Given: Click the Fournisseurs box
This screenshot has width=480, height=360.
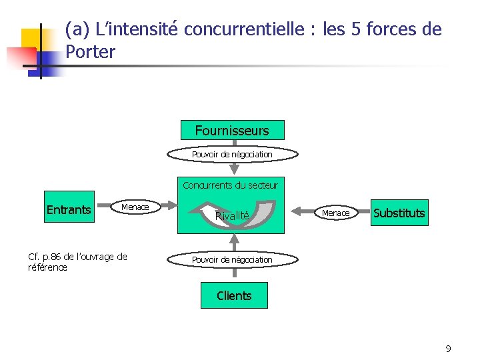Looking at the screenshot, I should (x=232, y=131).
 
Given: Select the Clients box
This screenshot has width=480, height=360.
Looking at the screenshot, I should (x=234, y=296).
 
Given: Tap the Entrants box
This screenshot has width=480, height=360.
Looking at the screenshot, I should (x=69, y=210).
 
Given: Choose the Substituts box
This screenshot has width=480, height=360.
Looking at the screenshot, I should (x=399, y=213).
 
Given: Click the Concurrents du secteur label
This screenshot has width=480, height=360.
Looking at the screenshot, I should (x=231, y=185).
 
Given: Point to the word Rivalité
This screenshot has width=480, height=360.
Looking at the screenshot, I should (x=232, y=215).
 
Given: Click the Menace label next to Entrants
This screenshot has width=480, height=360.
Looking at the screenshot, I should (x=135, y=207).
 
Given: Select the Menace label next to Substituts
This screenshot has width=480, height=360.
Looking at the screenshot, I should (x=335, y=213).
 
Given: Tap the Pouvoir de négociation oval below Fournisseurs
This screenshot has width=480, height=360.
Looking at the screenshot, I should (x=232, y=155).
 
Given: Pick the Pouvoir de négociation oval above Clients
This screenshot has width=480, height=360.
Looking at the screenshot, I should (x=232, y=259).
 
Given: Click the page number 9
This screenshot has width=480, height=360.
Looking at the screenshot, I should (x=448, y=348).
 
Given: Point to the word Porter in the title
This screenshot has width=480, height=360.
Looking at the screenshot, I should (x=91, y=51).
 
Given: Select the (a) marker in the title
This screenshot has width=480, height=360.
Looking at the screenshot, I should (x=78, y=29).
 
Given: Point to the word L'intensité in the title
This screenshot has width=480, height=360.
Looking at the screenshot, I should (x=137, y=29).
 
